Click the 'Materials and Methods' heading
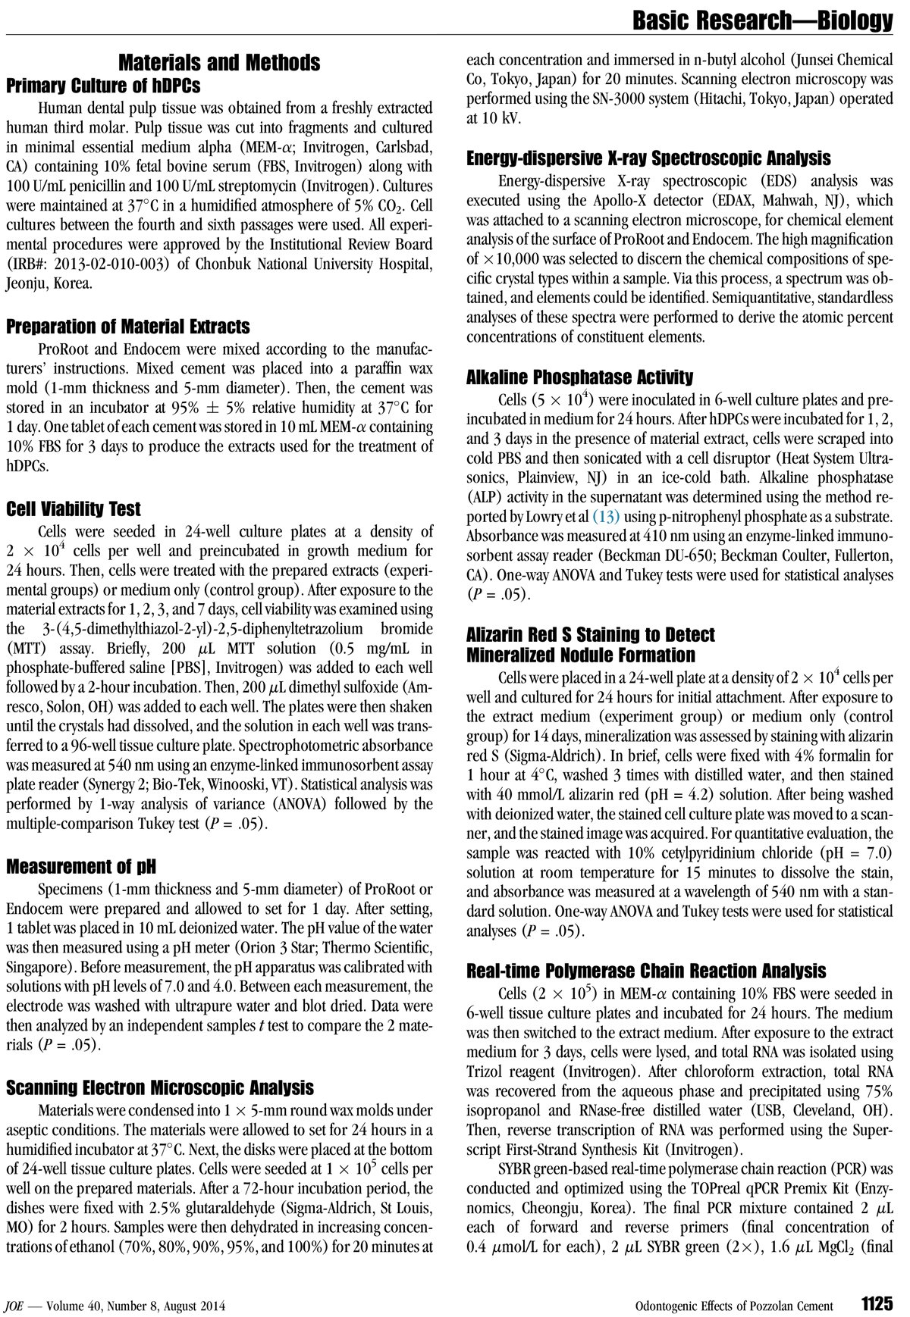click(219, 62)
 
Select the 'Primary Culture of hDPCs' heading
click(103, 86)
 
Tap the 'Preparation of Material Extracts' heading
click(128, 327)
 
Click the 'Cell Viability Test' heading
click(74, 509)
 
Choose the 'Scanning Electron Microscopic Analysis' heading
click(160, 1088)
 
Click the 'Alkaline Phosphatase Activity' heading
click(579, 377)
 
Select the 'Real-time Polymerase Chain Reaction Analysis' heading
click(646, 971)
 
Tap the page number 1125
click(876, 1303)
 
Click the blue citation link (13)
click(605, 518)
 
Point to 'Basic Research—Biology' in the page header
click(763, 20)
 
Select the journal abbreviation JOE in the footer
click(14, 1305)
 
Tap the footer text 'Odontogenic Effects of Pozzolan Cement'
click(733, 1305)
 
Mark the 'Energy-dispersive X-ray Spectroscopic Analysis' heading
click(648, 158)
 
